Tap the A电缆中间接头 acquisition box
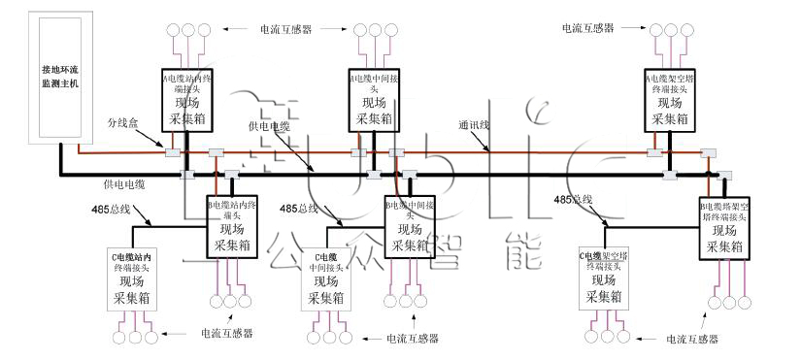[374, 99]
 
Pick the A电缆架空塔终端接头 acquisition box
[671, 99]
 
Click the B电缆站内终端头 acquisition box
[234, 226]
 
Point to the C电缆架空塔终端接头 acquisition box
[607, 278]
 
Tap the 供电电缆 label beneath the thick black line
[125, 183]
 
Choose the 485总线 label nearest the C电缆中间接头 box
[299, 209]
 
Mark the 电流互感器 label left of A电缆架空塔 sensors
[588, 28]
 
